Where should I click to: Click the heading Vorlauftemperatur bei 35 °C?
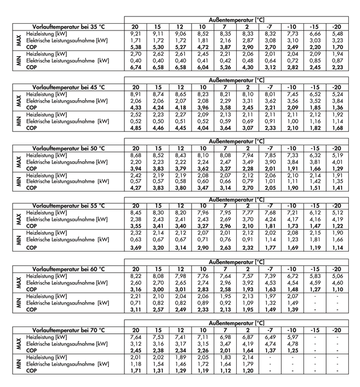(68, 27)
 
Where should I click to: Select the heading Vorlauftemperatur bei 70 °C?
(68, 329)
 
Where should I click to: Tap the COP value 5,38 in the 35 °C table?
(135, 47)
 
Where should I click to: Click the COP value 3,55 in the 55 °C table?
(135, 225)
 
